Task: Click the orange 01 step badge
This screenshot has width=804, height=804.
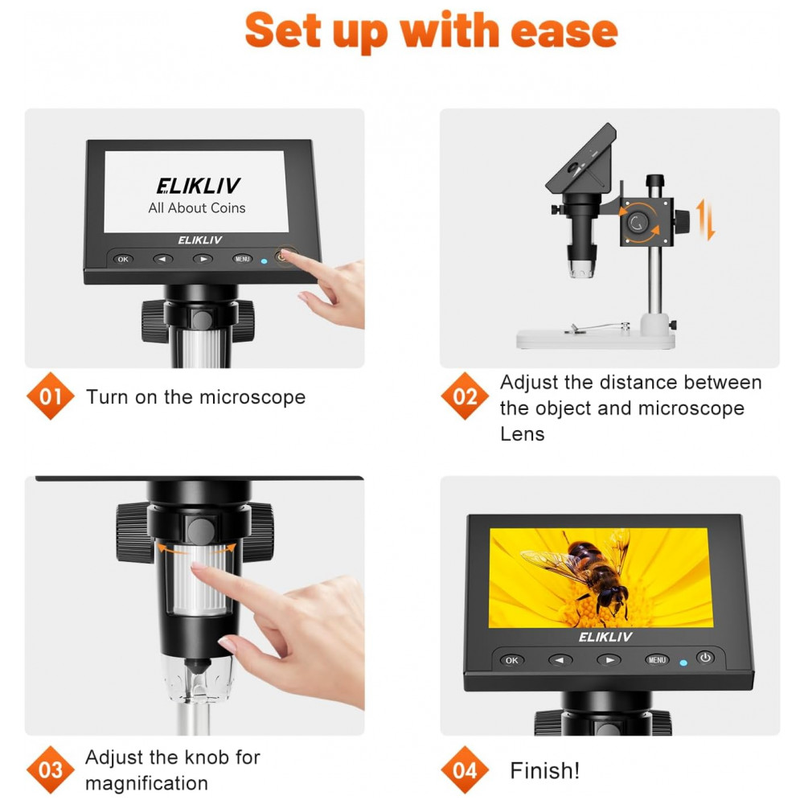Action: tap(50, 396)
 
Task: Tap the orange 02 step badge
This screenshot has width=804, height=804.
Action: tap(465, 396)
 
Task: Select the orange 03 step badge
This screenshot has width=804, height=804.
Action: tap(50, 769)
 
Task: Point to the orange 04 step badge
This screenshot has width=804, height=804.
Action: tap(465, 769)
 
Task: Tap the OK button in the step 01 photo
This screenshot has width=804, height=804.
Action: tap(123, 259)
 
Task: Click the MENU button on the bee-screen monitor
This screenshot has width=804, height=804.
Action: tap(657, 660)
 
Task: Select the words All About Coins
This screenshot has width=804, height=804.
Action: tap(197, 207)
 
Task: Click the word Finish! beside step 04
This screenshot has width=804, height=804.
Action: tap(544, 770)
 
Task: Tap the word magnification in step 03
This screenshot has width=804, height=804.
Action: tap(146, 783)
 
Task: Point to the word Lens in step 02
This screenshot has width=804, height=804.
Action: tap(522, 434)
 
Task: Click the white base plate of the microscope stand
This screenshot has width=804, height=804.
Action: tap(595, 339)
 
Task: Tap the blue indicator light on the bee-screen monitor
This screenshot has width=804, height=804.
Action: tap(683, 662)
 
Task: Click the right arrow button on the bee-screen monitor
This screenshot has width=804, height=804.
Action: tap(609, 660)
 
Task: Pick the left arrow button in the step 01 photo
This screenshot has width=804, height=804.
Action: tap(162, 259)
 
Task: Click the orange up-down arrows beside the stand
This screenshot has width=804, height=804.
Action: tap(706, 220)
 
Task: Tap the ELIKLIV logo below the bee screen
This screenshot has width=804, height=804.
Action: tap(605, 637)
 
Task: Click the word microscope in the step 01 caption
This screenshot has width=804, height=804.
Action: tap(252, 397)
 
